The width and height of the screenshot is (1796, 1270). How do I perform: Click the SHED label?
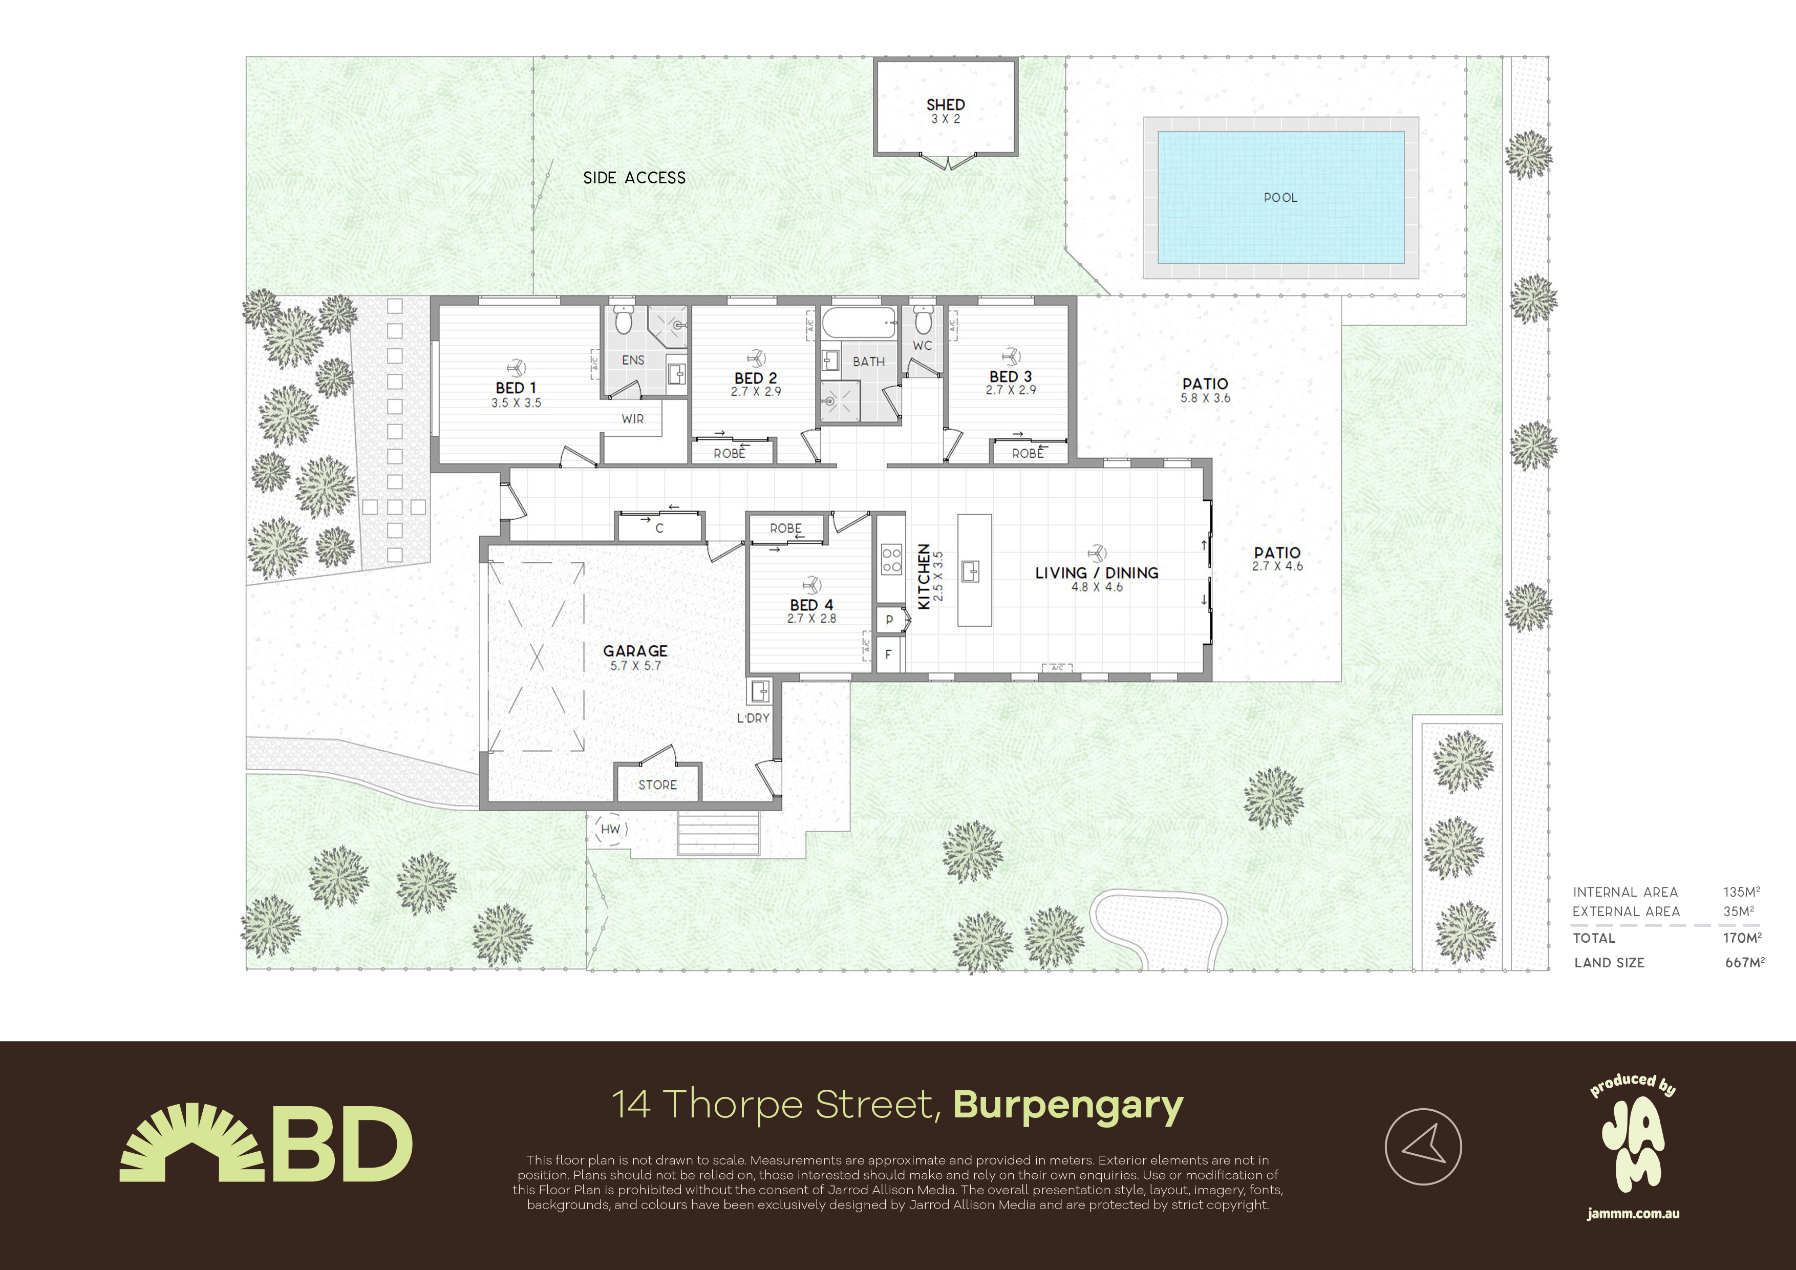[x=945, y=105]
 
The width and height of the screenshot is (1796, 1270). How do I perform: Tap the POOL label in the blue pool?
[x=1280, y=198]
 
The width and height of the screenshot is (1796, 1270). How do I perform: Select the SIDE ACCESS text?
[x=634, y=178]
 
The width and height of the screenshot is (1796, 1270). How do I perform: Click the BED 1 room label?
[x=516, y=388]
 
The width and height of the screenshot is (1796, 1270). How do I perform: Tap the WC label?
[x=922, y=346]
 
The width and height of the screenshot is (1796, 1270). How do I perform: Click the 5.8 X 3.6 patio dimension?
[x=1205, y=398]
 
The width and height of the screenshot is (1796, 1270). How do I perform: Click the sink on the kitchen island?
[x=971, y=571]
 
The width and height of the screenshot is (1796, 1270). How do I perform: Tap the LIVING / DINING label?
[x=1097, y=573]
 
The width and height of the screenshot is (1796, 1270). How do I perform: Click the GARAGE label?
[x=635, y=651]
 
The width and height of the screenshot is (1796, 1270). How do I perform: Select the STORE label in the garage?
[x=658, y=785]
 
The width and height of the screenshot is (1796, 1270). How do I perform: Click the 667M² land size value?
[x=1744, y=962]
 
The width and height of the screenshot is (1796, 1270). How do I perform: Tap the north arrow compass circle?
[x=1423, y=1147]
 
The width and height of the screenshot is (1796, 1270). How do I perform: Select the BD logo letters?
[x=342, y=1143]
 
